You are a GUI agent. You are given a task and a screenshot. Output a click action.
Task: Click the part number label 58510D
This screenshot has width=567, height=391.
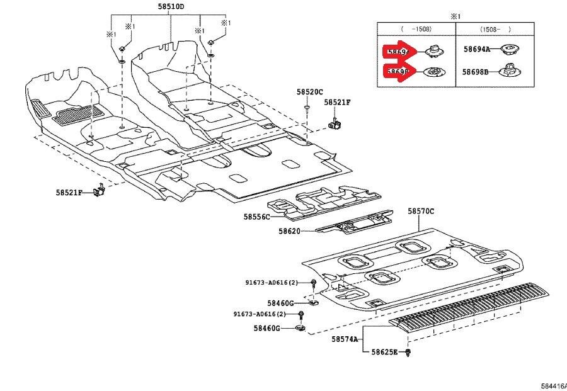tap(171, 6)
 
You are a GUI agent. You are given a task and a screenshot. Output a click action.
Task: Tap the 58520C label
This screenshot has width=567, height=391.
tap(310, 92)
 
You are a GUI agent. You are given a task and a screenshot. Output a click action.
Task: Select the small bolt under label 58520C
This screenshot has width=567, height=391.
tap(307, 108)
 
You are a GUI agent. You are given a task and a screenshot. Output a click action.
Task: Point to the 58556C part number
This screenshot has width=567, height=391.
tap(256, 217)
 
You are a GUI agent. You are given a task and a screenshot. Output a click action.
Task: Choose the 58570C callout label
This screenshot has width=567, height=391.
tap(420, 212)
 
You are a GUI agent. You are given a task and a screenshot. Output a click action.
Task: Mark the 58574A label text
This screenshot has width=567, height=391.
tap(345, 339)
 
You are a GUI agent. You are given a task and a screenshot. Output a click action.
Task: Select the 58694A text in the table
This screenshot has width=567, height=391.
tap(477, 48)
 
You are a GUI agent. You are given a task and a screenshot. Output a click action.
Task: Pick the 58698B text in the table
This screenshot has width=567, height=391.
tap(477, 72)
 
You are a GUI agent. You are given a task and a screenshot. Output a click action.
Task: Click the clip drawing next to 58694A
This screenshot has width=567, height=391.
tap(509, 48)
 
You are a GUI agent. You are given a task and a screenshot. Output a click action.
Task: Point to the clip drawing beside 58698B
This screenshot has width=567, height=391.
tap(509, 71)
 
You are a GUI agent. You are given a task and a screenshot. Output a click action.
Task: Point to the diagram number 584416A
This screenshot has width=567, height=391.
tap(553, 385)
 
